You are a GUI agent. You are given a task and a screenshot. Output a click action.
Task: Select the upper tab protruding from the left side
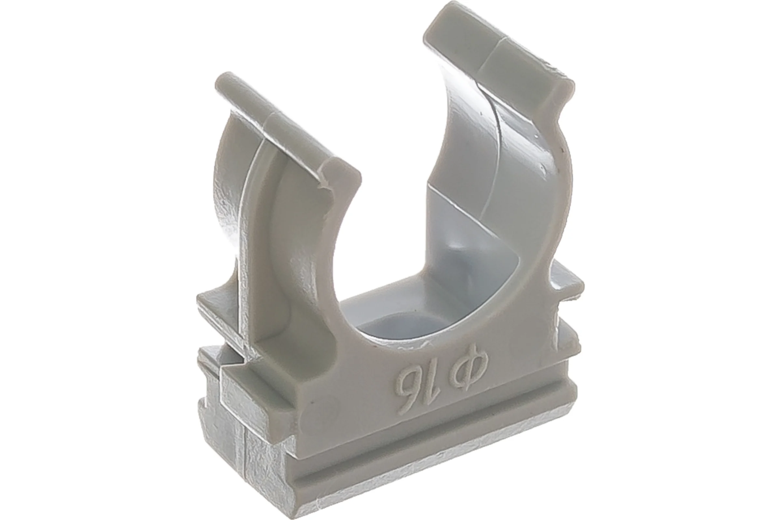coord(219,308)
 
